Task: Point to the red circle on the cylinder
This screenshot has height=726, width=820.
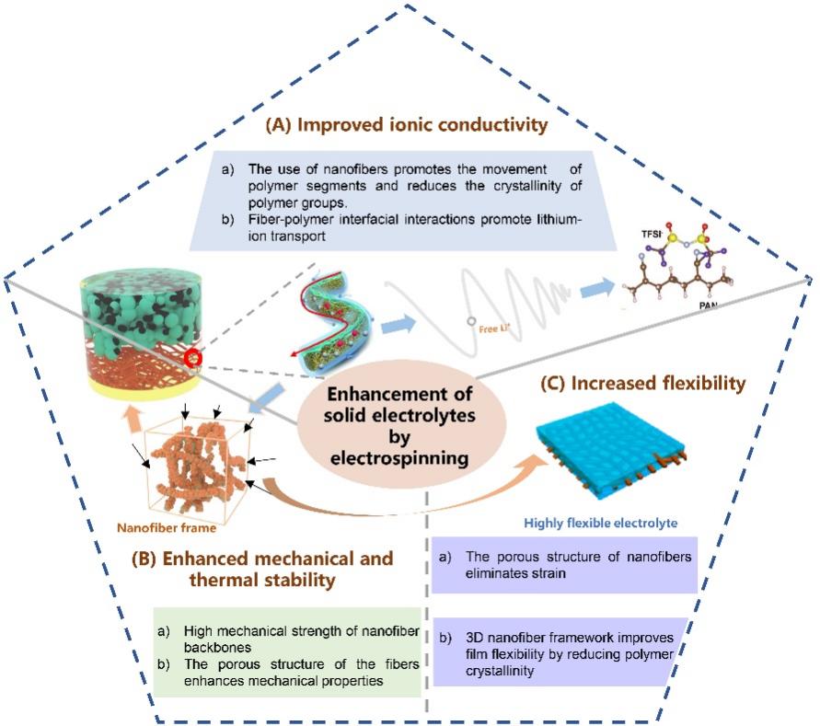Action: point(192,356)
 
